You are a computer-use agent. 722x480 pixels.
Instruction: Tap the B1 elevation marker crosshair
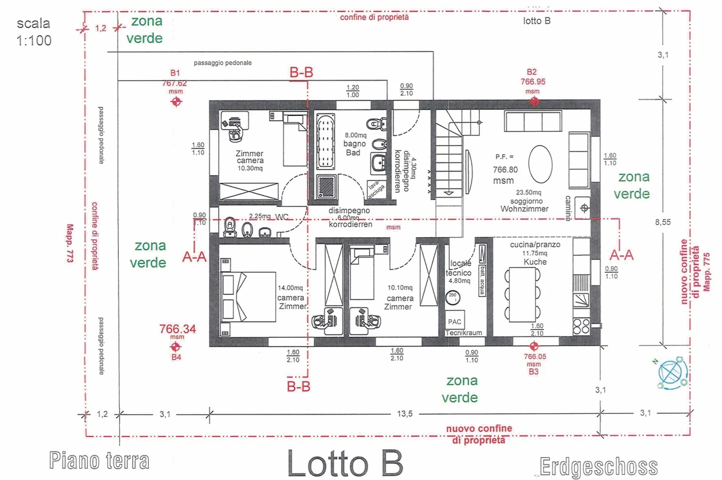coord(176,102)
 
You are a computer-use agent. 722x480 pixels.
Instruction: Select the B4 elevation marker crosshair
coord(176,347)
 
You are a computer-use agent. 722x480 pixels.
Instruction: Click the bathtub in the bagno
coord(325,141)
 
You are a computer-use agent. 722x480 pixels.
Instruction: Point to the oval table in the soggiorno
coord(540,164)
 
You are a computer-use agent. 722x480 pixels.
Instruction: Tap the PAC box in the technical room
coord(455,322)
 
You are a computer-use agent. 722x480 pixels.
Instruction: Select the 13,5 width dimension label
coord(405,414)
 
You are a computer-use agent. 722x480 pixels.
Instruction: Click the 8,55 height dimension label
coord(662,222)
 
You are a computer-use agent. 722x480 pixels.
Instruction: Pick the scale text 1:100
coord(34,41)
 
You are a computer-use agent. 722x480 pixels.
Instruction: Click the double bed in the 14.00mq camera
coord(248,297)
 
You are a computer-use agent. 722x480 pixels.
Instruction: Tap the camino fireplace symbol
coord(584,208)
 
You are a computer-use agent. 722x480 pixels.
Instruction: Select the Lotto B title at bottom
coord(345,463)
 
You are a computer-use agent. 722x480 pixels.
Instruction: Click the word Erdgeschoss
coord(599,467)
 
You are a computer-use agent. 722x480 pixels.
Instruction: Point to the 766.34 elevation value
coord(177,329)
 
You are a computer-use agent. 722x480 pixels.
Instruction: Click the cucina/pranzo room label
coord(535,245)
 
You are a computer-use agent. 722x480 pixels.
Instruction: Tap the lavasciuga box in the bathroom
coord(376,190)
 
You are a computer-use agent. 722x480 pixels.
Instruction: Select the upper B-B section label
coord(301,73)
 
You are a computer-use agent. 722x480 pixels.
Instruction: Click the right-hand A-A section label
coord(621,255)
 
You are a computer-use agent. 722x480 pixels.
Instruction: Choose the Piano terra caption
coord(99,460)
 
